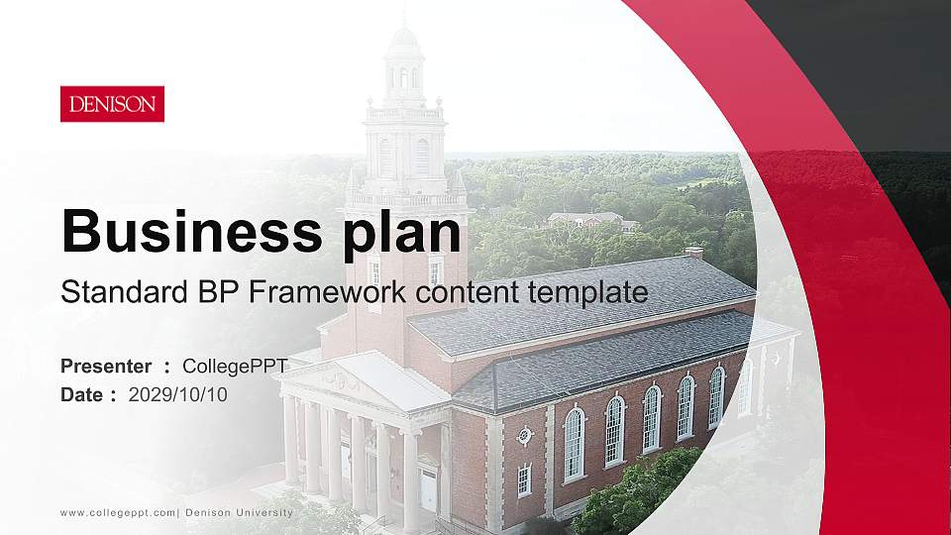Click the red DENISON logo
(112, 104)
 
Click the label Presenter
(106, 367)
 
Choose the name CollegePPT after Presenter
(235, 367)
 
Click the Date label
(81, 395)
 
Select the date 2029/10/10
(178, 395)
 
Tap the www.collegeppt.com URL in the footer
(118, 512)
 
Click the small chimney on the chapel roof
(693, 253)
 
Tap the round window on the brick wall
(524, 435)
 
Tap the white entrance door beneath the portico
(428, 487)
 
